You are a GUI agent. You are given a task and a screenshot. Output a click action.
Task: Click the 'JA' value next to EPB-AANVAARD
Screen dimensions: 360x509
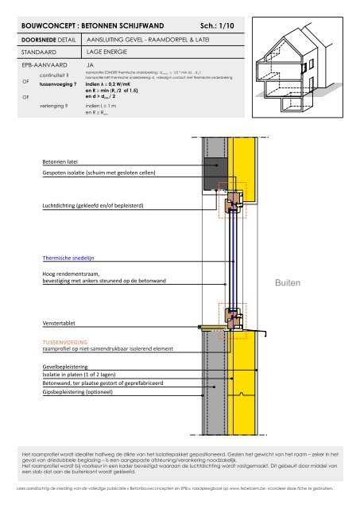coord(90,67)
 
